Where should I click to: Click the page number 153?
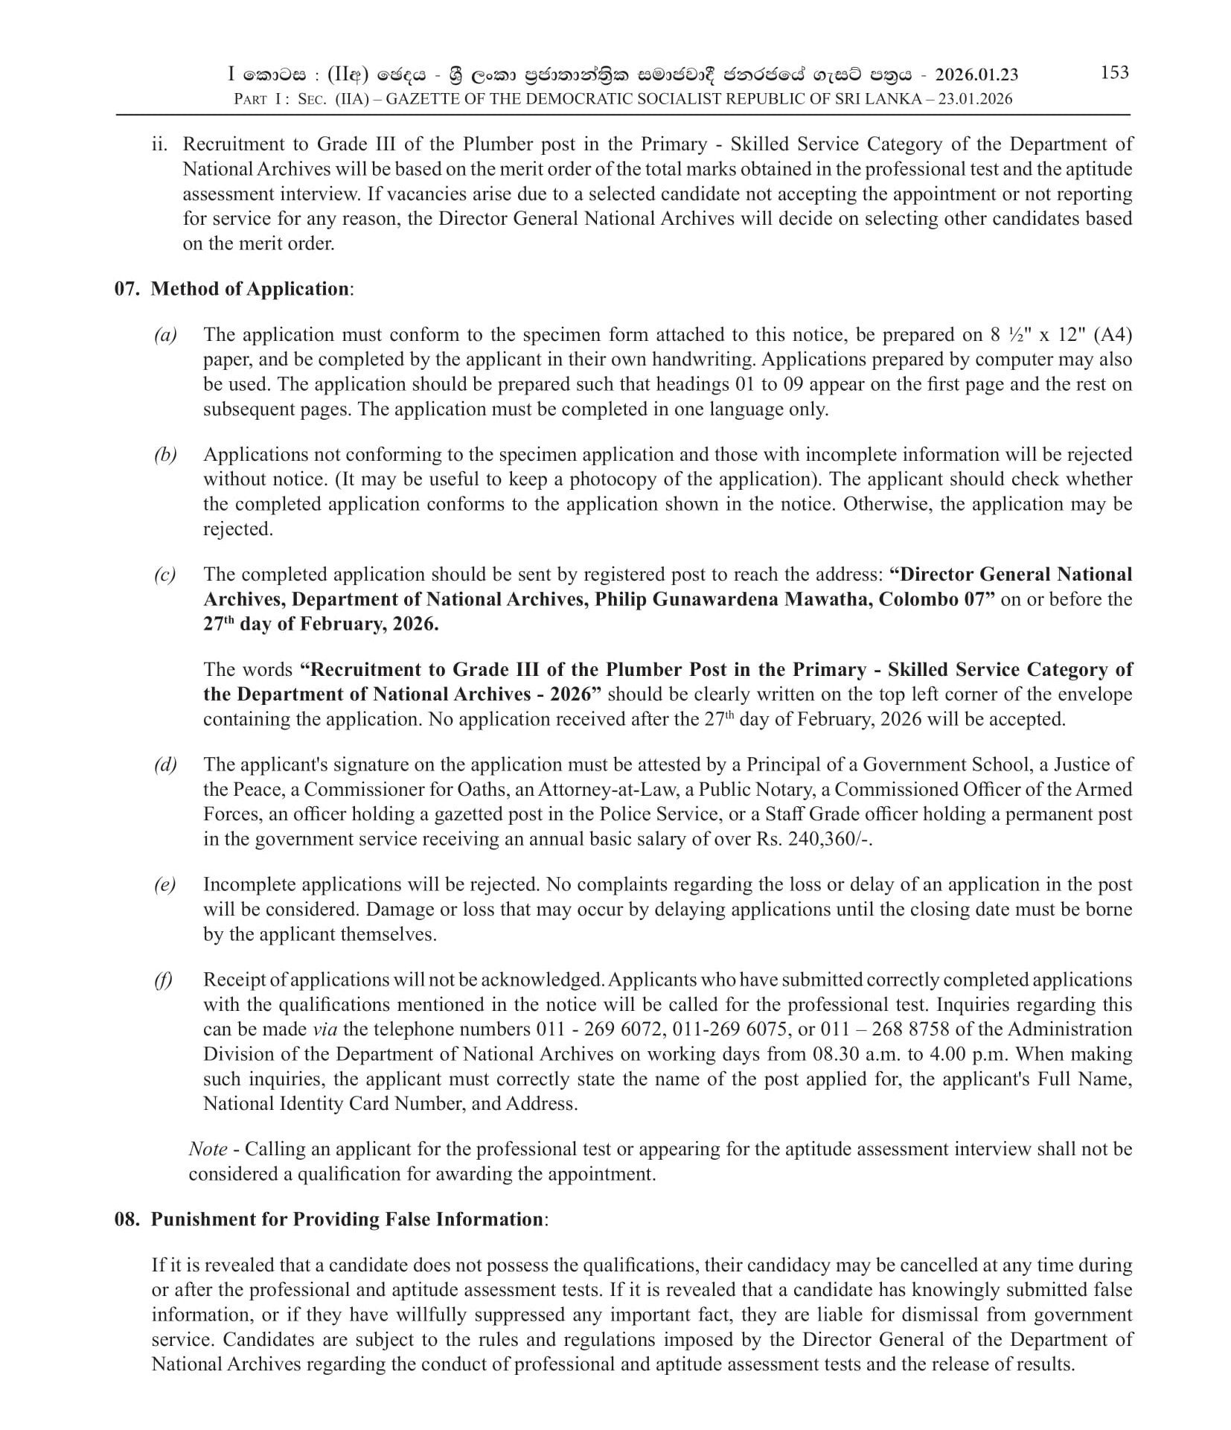pyautogui.click(x=1113, y=72)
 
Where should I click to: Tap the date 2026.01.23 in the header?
pyautogui.click(x=976, y=74)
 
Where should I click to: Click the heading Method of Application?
pyautogui.click(x=249, y=289)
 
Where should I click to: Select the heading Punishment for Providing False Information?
pyautogui.click(x=347, y=1219)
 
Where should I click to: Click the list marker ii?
pyautogui.click(x=160, y=144)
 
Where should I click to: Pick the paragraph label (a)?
pyautogui.click(x=165, y=335)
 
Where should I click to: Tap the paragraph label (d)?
pyautogui.click(x=165, y=765)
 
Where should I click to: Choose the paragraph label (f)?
pyautogui.click(x=163, y=980)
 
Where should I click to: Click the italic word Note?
pyautogui.click(x=208, y=1149)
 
